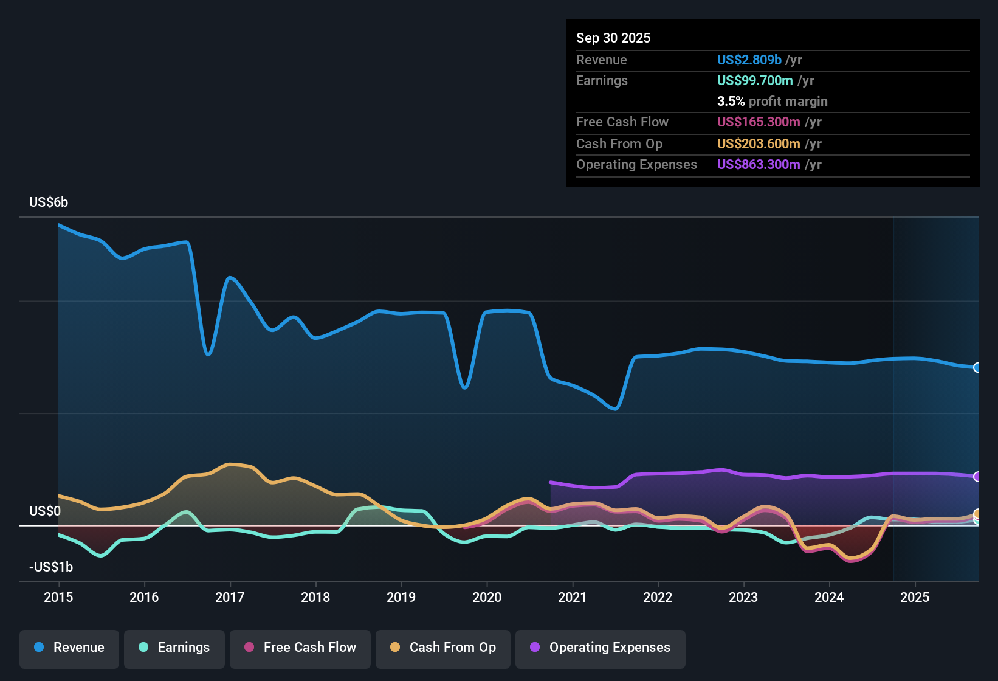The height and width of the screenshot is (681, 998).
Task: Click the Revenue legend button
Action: click(x=69, y=648)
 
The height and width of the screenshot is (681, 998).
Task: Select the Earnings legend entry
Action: click(x=174, y=648)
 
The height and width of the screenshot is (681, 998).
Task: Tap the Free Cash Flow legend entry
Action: click(x=300, y=648)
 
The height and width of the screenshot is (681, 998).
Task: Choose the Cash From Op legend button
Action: click(x=443, y=648)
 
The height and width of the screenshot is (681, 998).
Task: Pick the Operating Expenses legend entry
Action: click(x=601, y=648)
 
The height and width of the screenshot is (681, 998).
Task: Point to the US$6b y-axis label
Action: click(x=49, y=202)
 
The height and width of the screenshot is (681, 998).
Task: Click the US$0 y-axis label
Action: click(x=45, y=511)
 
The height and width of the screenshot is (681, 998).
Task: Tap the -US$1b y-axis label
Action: click(x=51, y=567)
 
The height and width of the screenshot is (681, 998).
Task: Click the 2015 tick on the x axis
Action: click(x=58, y=598)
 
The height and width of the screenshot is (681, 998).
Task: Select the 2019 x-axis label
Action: click(x=401, y=598)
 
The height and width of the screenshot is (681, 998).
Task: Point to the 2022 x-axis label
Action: click(x=658, y=598)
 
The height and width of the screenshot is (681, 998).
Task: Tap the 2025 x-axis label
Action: click(x=915, y=598)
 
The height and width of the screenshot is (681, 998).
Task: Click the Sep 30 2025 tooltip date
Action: click(x=613, y=38)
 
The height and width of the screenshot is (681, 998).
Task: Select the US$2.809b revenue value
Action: click(x=749, y=60)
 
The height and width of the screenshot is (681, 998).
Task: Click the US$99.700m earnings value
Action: click(x=755, y=80)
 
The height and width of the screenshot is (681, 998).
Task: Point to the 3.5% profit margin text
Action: click(x=772, y=101)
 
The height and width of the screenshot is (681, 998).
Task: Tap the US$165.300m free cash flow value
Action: click(x=759, y=122)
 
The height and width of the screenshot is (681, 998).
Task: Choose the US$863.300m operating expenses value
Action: click(x=759, y=164)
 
